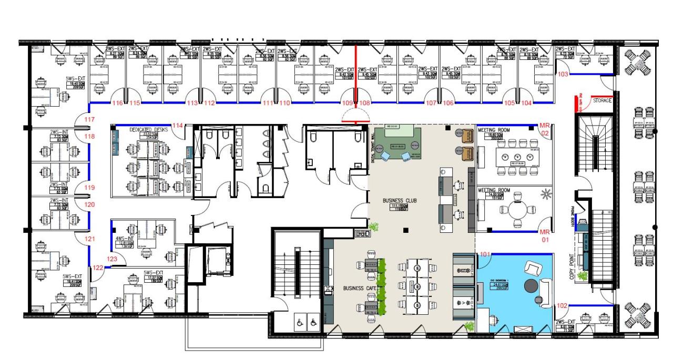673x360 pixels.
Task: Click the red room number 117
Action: [x=89, y=120]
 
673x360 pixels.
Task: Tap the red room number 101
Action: [x=485, y=255]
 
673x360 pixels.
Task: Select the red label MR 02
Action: [x=545, y=129]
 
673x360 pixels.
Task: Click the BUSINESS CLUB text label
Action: [x=401, y=201]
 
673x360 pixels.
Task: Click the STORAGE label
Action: [x=602, y=100]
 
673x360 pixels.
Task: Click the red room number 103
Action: [x=563, y=75]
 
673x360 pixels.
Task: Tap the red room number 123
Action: [x=112, y=259]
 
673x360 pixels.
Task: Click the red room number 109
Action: [x=348, y=103]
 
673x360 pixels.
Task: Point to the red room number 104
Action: [x=527, y=103]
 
